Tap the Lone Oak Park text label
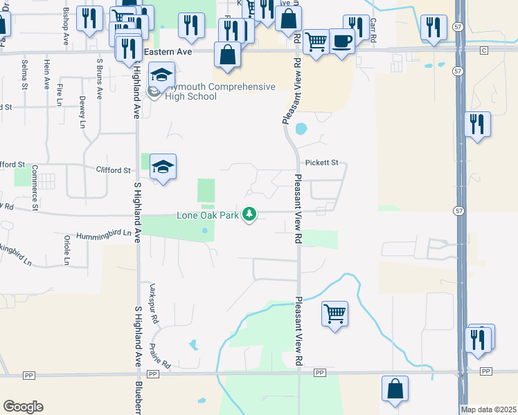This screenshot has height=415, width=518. point(207,215)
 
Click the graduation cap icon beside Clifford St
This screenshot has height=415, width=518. point(163,167)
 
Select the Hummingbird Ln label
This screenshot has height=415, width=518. point(104,234)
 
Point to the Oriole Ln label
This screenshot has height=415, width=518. point(67,250)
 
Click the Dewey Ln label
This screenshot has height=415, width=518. point(82,112)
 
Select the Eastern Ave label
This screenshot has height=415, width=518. point(166,52)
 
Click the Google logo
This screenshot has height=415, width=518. point(23,407)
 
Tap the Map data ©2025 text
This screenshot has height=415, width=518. point(488,409)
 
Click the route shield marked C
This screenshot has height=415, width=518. point(483,50)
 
